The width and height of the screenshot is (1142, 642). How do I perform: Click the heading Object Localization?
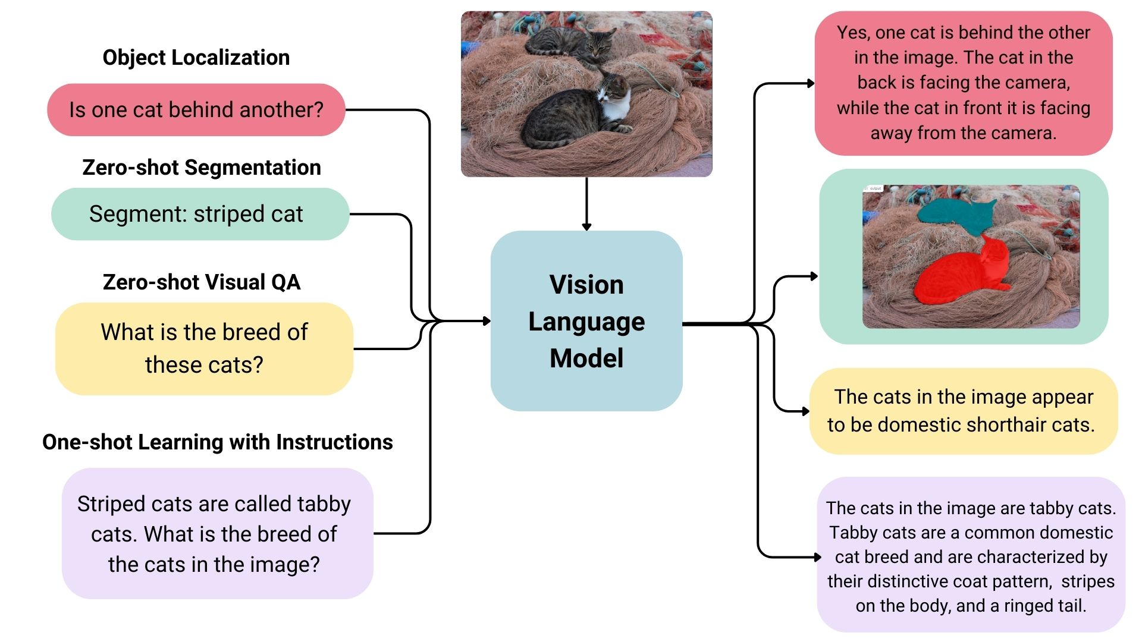[196, 58]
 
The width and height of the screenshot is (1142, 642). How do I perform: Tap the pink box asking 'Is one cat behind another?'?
[196, 110]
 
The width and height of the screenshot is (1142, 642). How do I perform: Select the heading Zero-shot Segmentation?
[201, 168]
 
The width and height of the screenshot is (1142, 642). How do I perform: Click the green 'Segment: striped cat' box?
[200, 214]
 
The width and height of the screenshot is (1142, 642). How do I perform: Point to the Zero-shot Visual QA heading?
[201, 282]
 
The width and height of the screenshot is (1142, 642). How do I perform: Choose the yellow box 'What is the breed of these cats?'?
[204, 348]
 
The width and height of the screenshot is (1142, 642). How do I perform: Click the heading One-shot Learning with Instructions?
[217, 442]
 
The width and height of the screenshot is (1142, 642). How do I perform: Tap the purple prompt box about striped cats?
[217, 533]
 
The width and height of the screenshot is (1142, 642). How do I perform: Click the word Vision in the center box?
[586, 285]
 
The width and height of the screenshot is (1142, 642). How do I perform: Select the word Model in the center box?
[586, 358]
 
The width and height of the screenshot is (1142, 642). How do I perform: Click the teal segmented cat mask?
[955, 217]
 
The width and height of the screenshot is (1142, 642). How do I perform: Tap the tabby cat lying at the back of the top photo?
[571, 42]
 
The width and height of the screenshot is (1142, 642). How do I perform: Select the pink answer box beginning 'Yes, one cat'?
[963, 83]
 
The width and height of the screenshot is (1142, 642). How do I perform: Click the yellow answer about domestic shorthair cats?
[963, 411]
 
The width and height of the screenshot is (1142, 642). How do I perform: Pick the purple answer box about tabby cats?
[971, 555]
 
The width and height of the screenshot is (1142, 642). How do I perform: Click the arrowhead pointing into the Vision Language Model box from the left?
[487, 321]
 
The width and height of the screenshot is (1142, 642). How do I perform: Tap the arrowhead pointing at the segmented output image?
[814, 276]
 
